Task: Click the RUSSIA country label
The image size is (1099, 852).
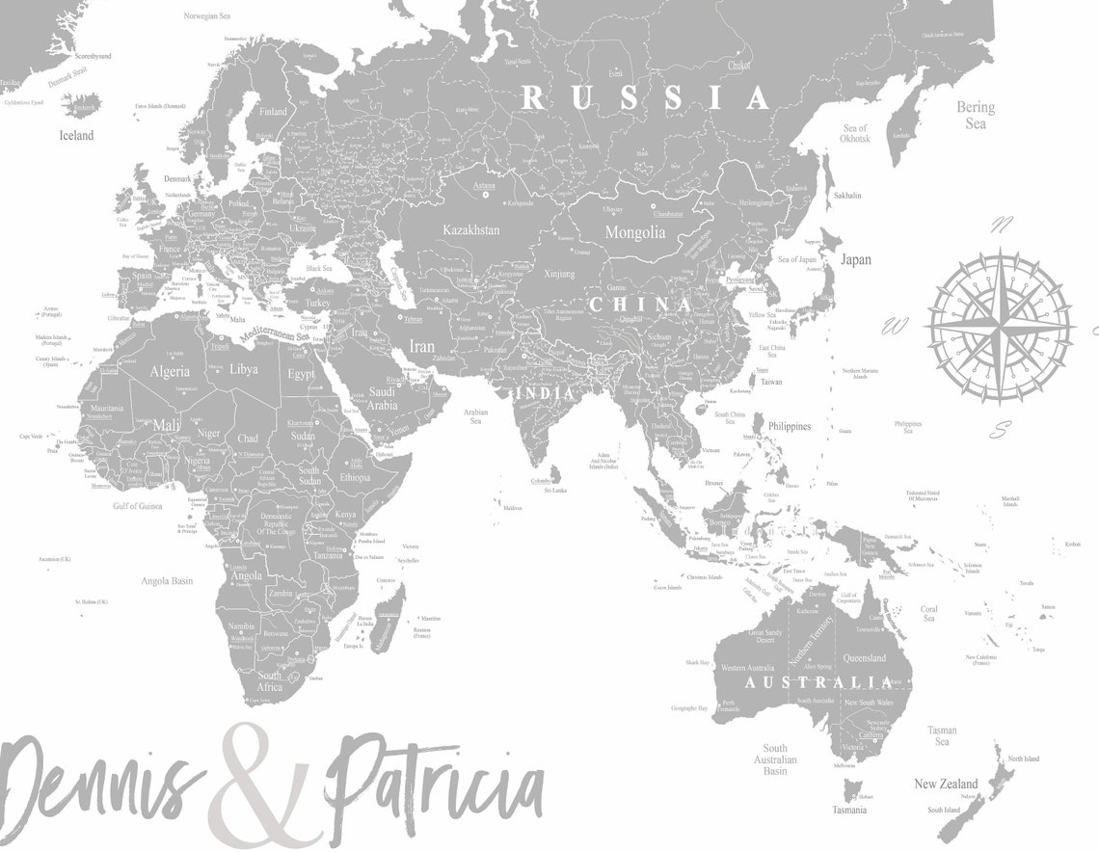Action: (645, 97)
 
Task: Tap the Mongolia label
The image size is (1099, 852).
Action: (634, 232)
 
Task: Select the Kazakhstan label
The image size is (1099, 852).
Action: (470, 230)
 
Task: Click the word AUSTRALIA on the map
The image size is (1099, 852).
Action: (818, 682)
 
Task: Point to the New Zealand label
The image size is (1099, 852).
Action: (945, 784)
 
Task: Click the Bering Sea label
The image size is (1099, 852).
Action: (975, 116)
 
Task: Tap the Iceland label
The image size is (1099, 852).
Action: (76, 136)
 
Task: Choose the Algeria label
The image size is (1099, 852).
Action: (169, 371)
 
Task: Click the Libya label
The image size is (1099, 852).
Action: (244, 369)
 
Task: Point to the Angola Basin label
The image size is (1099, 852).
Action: (168, 581)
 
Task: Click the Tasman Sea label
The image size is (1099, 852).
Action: (941, 736)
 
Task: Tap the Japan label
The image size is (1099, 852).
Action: (855, 259)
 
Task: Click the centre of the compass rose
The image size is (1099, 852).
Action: (1000, 325)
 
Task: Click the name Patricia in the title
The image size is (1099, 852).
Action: (434, 785)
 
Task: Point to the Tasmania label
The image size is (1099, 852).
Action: (848, 810)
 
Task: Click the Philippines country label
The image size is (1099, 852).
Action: (790, 426)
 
